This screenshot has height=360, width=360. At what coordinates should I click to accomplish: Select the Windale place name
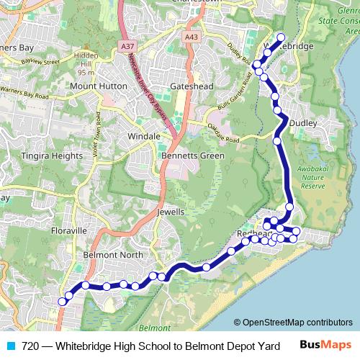pos(143,135)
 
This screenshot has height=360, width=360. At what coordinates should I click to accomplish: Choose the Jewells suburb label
pos(171,212)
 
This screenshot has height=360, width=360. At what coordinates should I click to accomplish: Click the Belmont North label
pos(111,255)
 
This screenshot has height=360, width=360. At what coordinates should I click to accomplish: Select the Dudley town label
pos(302,123)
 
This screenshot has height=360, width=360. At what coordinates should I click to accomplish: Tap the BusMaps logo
pos(326,345)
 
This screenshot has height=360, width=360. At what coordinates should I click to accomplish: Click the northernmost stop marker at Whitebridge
pos(280,37)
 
